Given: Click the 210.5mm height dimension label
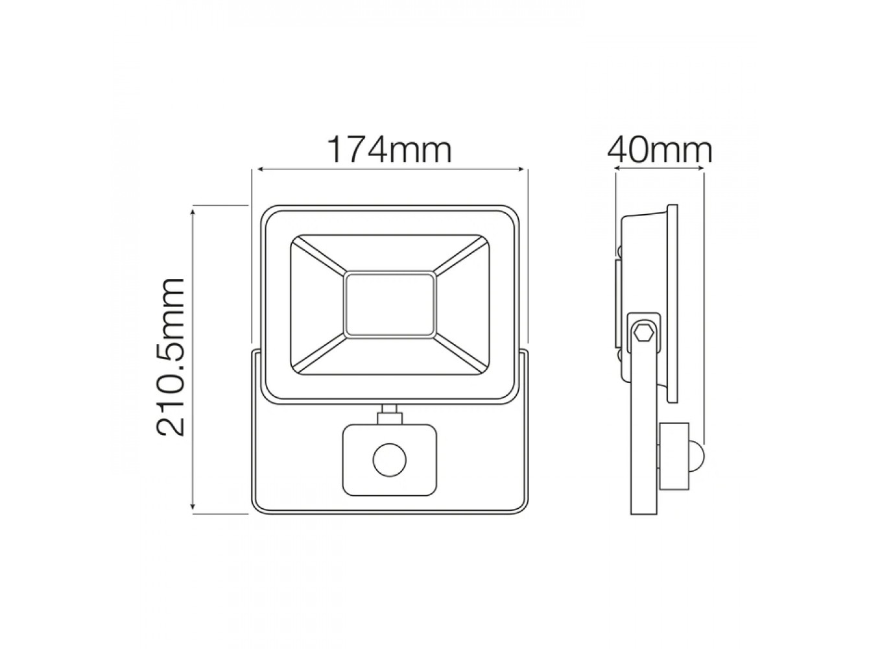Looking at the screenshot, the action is [171, 356].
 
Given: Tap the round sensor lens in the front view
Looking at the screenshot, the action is [389, 459].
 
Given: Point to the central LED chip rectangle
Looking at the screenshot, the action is [389, 304].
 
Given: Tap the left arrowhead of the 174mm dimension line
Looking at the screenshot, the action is [261, 169].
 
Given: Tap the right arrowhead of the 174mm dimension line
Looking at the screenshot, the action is [521, 169].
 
